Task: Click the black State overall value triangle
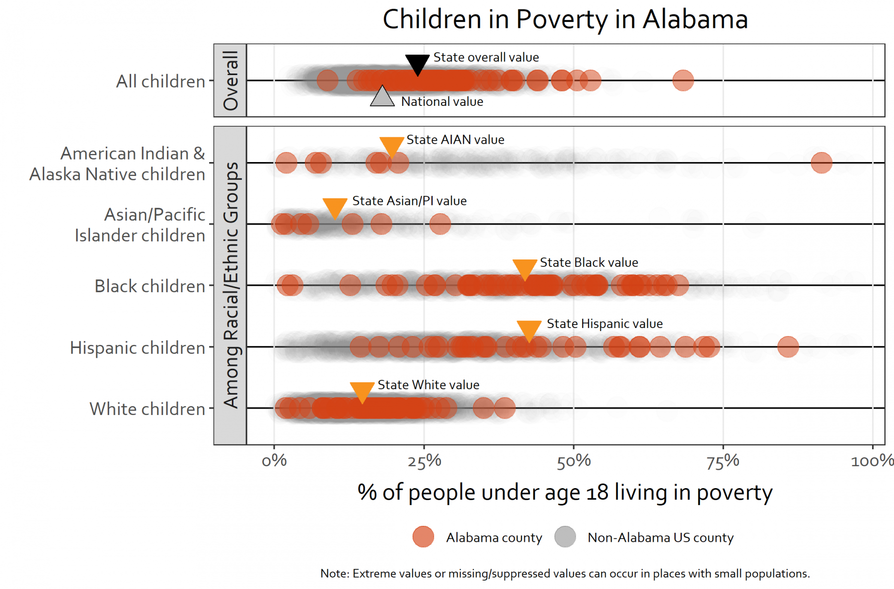click(417, 63)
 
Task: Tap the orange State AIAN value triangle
click(391, 146)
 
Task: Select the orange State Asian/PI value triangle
click(335, 207)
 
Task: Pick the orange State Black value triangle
click(524, 268)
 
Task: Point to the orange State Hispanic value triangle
click(529, 330)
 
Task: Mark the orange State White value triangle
click(362, 391)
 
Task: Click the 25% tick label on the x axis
click(424, 461)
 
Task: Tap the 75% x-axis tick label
click(723, 461)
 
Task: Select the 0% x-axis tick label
click(274, 461)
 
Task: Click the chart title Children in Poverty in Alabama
click(565, 20)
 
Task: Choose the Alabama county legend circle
click(423, 537)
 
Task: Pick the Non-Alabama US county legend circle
click(565, 537)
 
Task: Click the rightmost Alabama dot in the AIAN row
click(821, 163)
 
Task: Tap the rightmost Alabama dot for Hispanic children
click(788, 346)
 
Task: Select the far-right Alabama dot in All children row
click(683, 80)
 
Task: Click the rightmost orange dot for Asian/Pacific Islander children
click(440, 224)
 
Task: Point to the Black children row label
click(149, 286)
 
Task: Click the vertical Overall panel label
click(230, 80)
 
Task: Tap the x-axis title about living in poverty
click(565, 493)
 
